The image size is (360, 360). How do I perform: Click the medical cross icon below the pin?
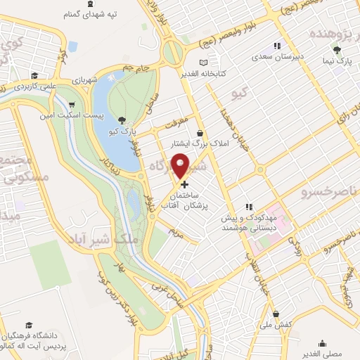click(x=184, y=184)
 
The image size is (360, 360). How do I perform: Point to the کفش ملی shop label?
click(x=276, y=324)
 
